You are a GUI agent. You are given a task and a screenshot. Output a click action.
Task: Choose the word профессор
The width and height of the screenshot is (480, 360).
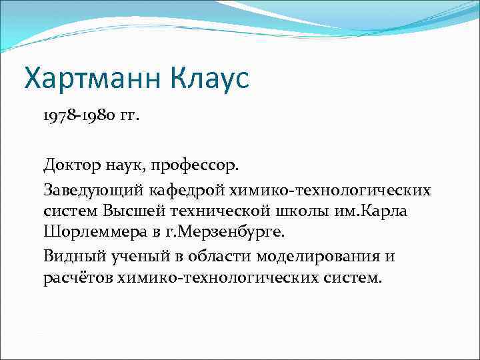203,164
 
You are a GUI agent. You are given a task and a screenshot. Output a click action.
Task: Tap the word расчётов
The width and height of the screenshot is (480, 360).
78,276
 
